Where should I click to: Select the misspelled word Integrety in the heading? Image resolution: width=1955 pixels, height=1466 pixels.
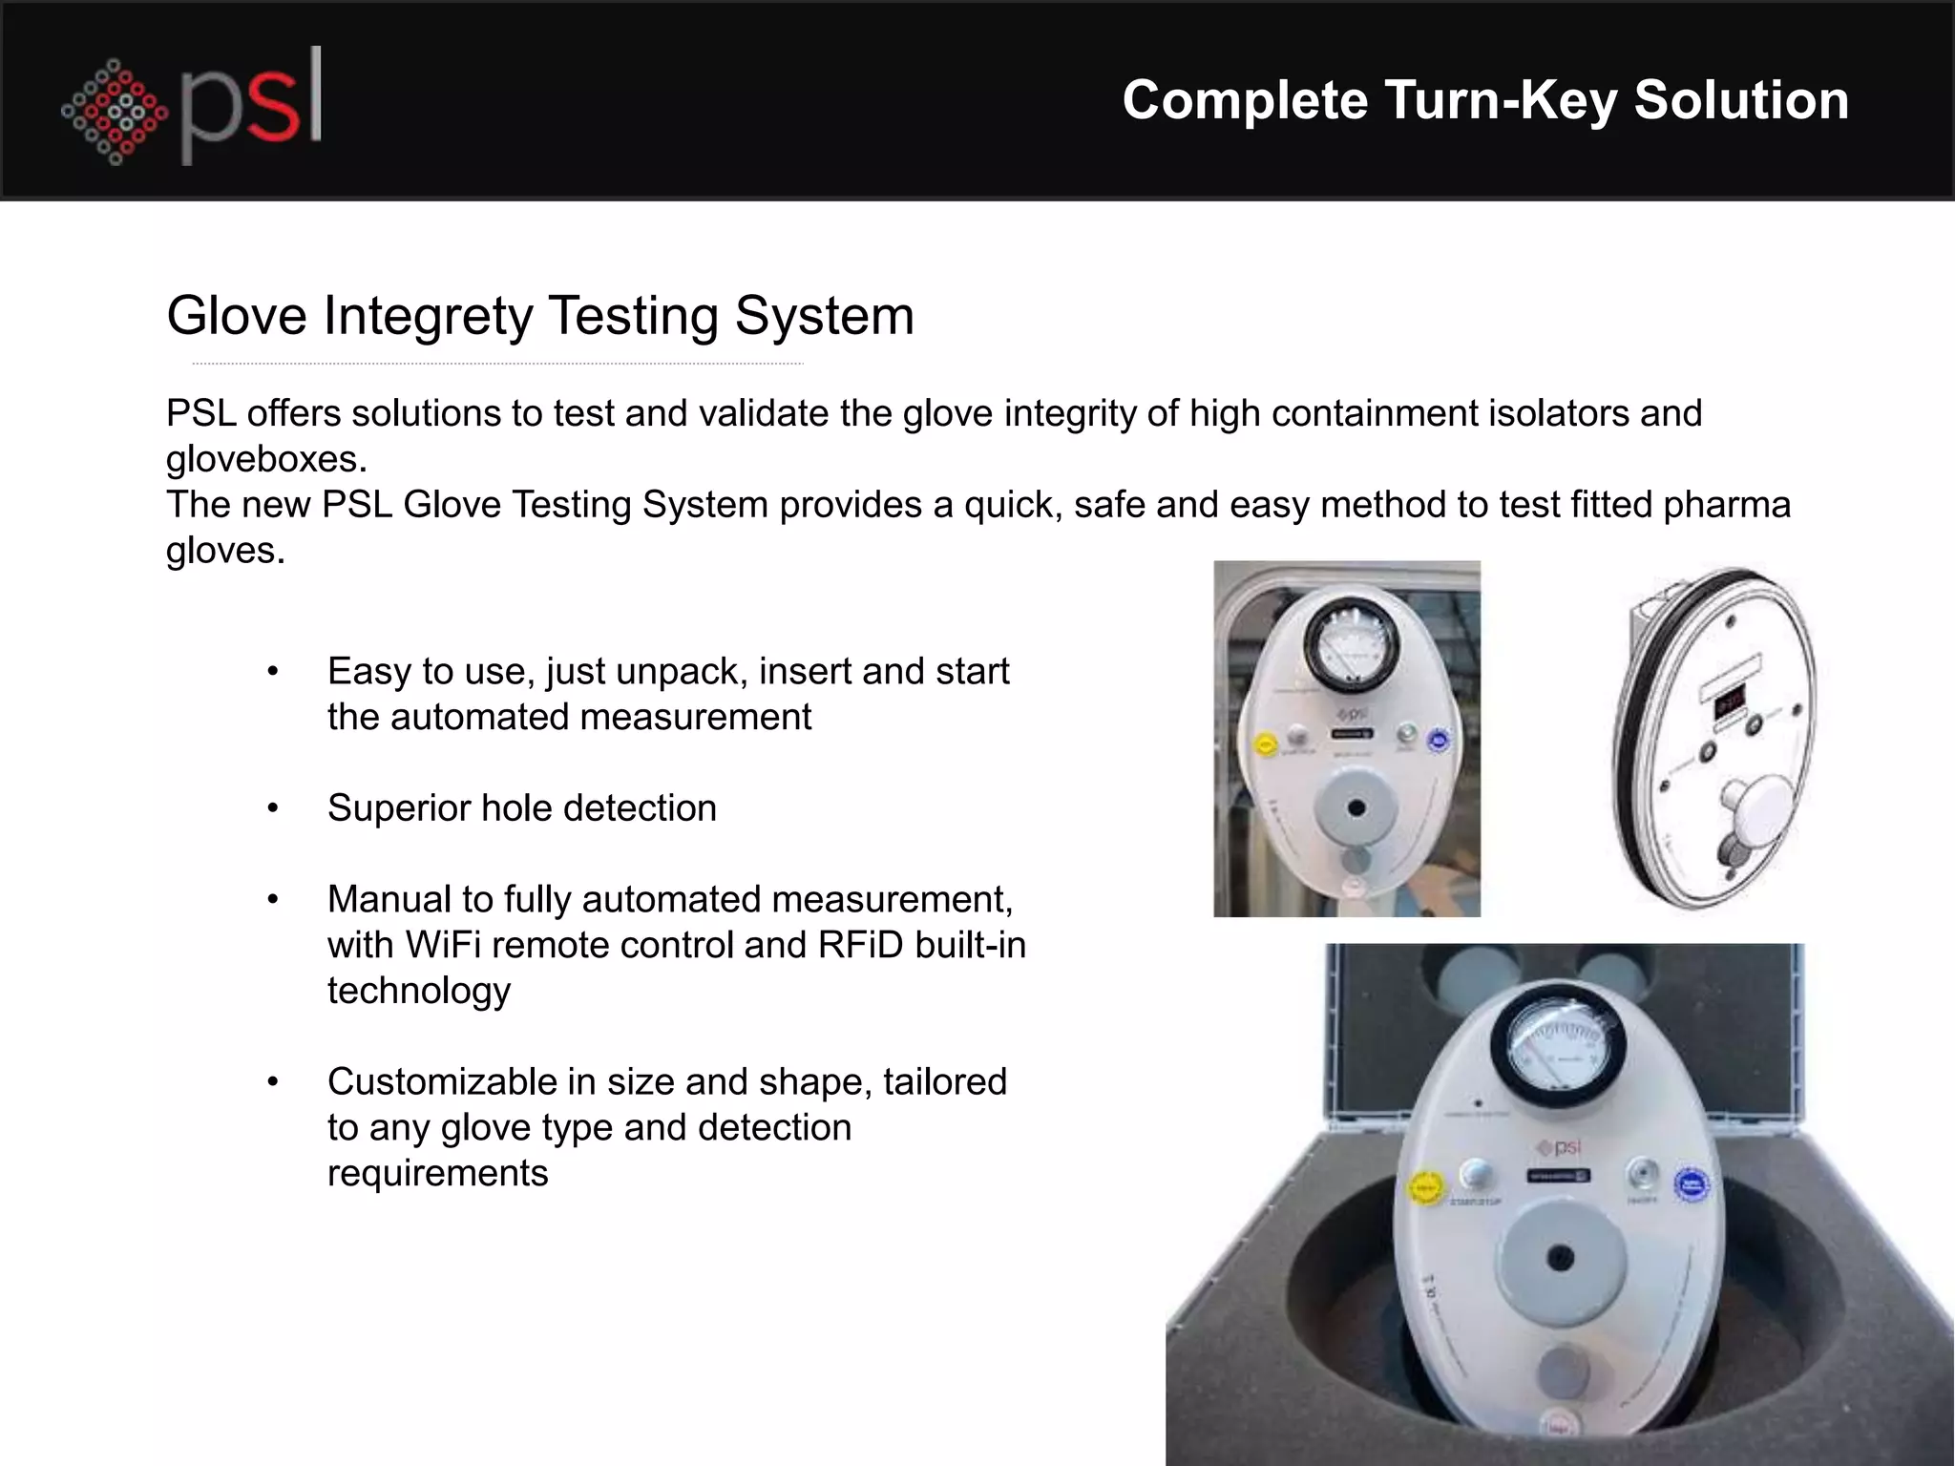click(x=429, y=316)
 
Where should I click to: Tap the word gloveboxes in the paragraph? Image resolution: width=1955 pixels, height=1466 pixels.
click(x=266, y=460)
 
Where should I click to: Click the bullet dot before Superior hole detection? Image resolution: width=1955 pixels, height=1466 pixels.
click(x=273, y=808)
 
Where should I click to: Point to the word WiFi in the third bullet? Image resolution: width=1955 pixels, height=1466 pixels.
click(x=441, y=945)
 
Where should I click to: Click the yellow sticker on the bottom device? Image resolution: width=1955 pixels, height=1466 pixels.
click(x=1426, y=1188)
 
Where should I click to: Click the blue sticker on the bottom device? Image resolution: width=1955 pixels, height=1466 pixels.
click(x=1692, y=1185)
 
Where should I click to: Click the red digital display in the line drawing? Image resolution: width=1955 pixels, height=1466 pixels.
click(x=1729, y=704)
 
